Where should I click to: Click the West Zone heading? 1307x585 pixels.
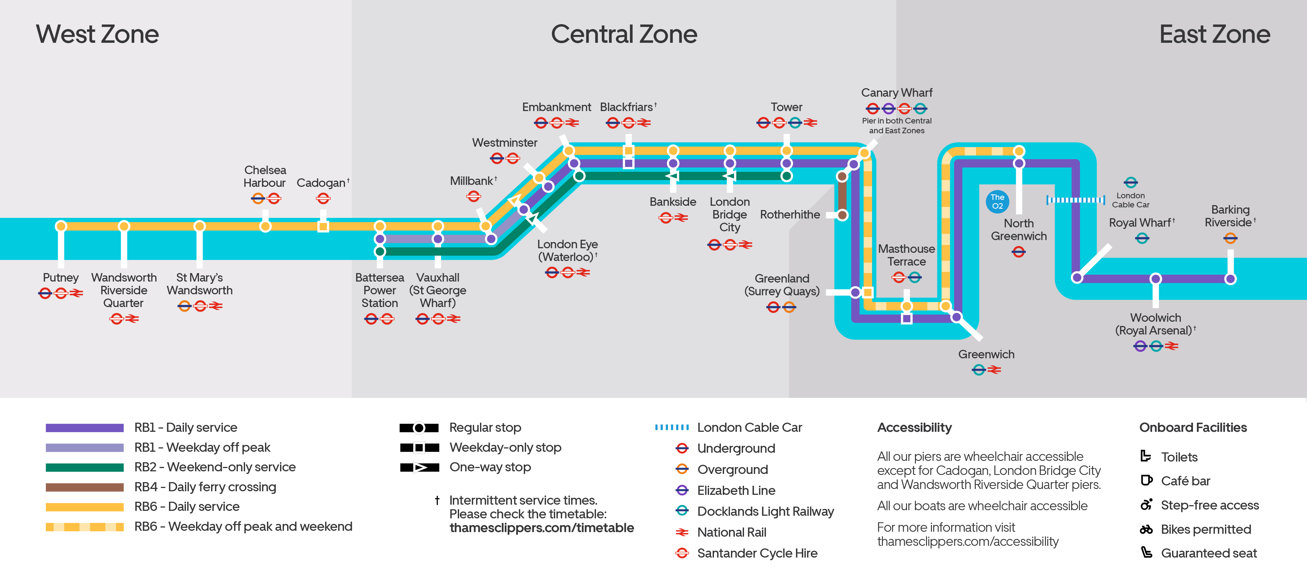(97, 35)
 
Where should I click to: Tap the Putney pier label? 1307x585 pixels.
(60, 278)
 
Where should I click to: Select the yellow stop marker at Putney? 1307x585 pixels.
(61, 226)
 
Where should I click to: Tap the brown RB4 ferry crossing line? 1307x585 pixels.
(842, 195)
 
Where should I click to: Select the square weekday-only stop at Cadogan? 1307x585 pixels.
(323, 226)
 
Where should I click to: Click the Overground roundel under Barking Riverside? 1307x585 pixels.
(1230, 238)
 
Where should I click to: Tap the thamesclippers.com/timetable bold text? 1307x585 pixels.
(541, 528)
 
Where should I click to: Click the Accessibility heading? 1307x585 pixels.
(914, 428)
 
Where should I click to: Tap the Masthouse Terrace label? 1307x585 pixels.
(906, 255)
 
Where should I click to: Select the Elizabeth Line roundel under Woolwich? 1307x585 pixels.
(1140, 346)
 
